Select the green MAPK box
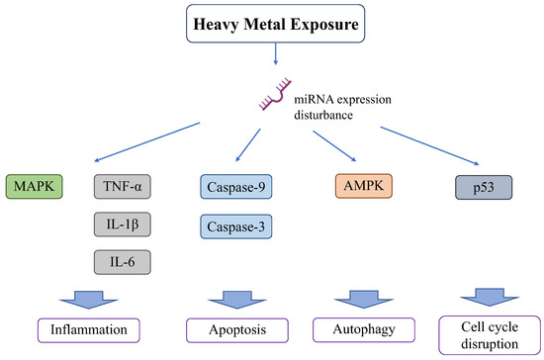(x=35, y=185)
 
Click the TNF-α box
(x=124, y=186)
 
